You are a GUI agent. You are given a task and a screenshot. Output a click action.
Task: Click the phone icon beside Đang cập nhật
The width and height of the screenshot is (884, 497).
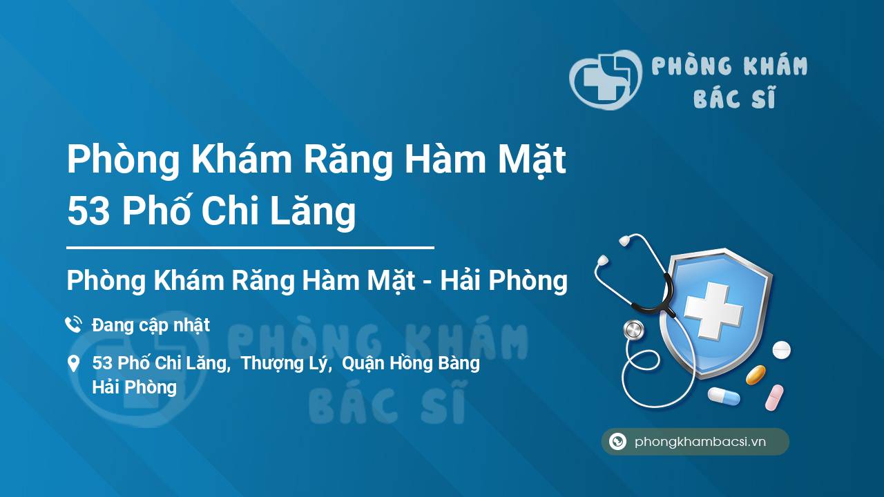tap(73, 324)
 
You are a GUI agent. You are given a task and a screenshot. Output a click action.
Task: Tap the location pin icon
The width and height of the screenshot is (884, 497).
tap(73, 364)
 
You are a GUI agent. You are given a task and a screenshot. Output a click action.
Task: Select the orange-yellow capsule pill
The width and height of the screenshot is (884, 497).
tap(756, 375)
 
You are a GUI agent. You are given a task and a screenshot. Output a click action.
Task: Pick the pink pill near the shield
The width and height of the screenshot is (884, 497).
tap(774, 397)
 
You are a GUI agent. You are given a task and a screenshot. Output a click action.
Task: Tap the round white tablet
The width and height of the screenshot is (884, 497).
tap(781, 350)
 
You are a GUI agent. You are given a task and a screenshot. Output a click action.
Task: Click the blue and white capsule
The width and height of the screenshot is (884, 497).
tap(723, 396)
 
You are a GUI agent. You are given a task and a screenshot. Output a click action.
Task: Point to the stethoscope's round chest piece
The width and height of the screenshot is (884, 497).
tap(633, 330)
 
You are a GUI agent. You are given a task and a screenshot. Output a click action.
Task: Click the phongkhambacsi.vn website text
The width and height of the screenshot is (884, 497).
tap(700, 442)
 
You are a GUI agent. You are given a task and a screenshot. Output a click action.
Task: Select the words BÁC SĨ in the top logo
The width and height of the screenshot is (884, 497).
tap(734, 98)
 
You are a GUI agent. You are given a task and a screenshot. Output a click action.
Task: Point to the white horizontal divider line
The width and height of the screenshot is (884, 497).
tap(250, 246)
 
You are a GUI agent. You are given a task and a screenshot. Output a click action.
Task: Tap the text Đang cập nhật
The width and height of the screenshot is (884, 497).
tap(151, 324)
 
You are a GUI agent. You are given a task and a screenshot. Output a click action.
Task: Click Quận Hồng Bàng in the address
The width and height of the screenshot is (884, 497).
tap(411, 364)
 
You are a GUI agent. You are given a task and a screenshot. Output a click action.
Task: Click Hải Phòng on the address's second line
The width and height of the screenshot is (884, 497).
tap(134, 387)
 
